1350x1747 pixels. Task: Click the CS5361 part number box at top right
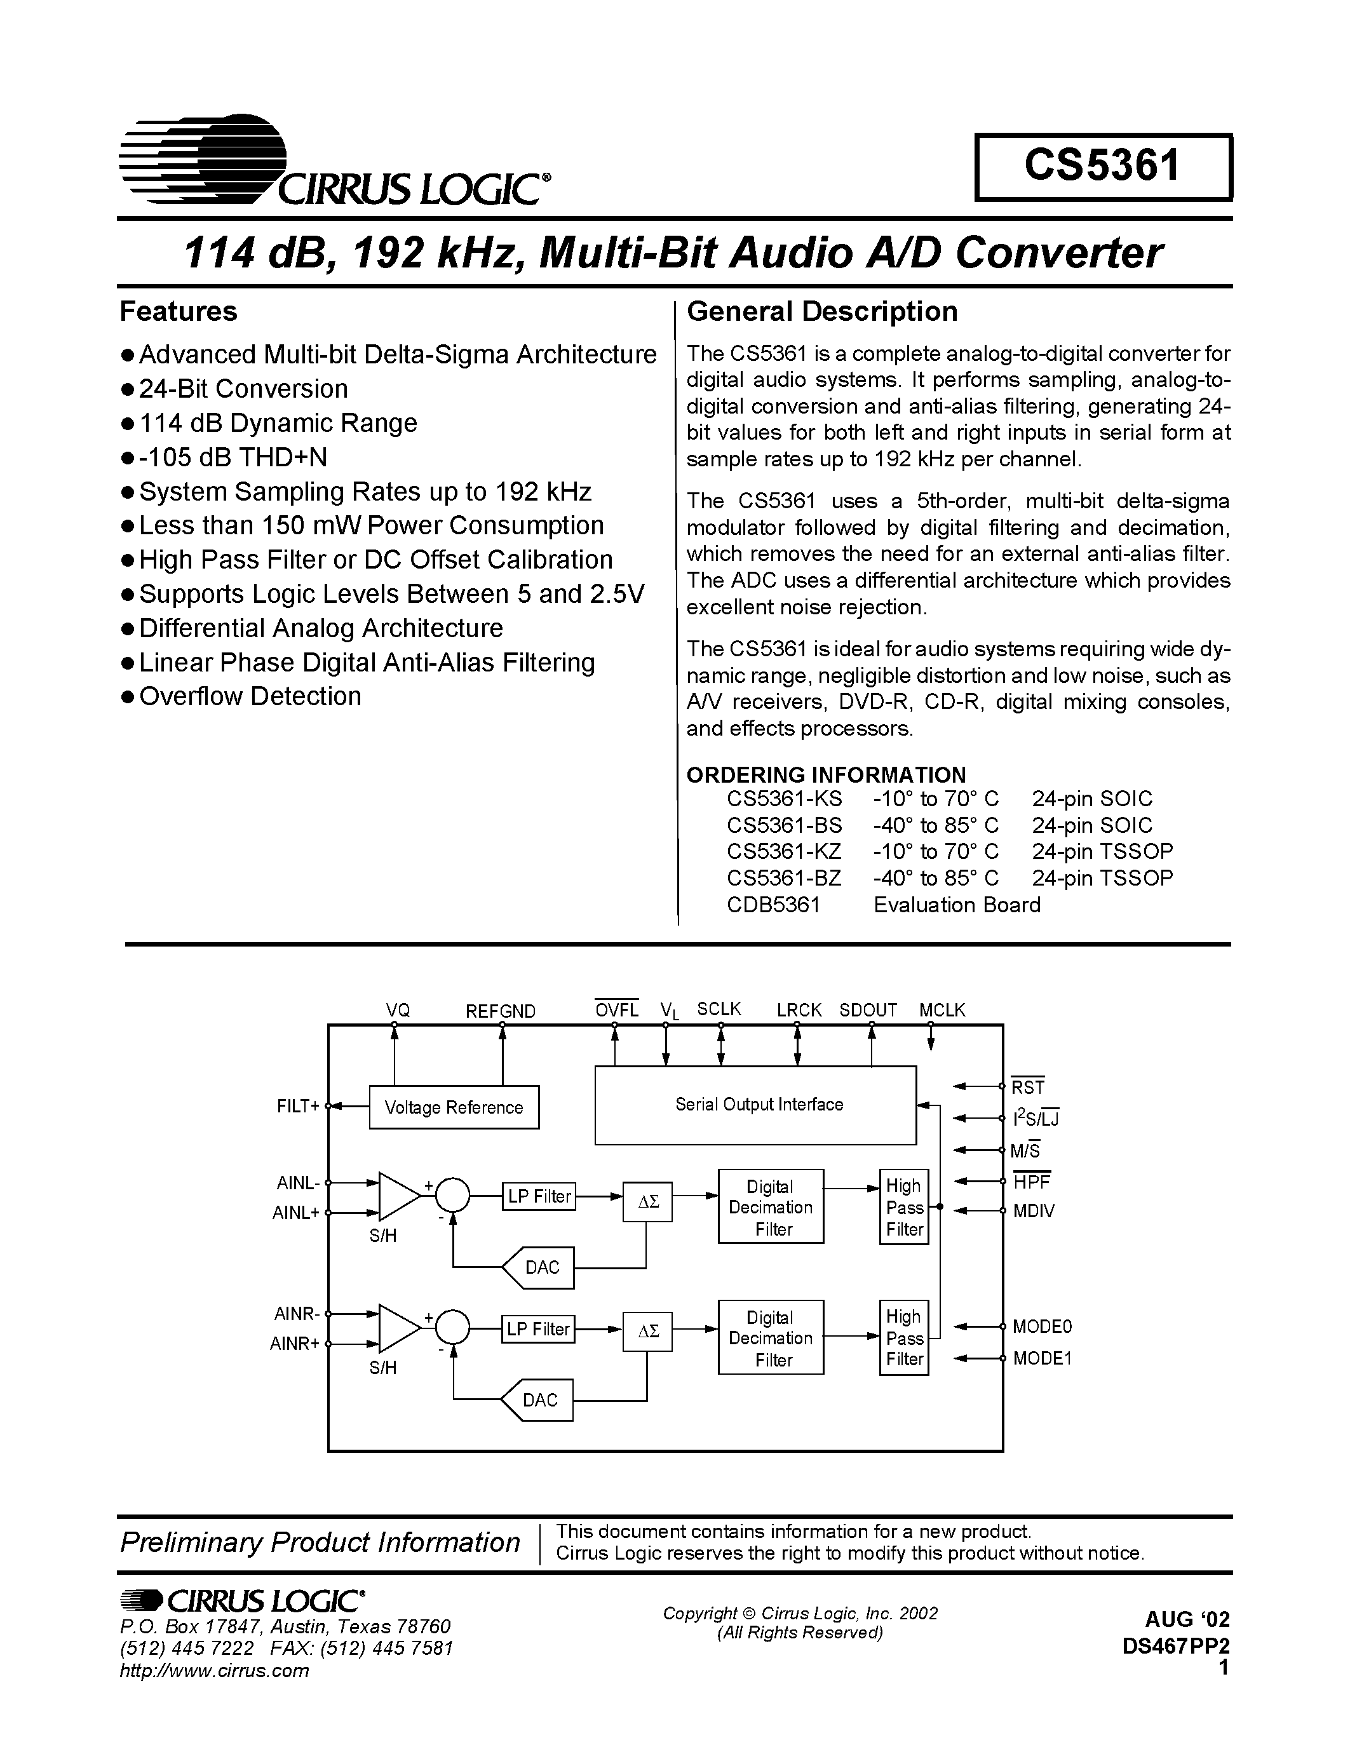[1103, 166]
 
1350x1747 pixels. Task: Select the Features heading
[179, 311]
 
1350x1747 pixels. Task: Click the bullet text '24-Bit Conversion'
[243, 389]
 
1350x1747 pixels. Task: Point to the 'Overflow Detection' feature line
[250, 697]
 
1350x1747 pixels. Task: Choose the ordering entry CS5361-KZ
[784, 851]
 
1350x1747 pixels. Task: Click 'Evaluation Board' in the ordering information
[957, 905]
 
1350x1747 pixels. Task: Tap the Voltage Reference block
[454, 1107]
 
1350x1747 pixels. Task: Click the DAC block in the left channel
[541, 1267]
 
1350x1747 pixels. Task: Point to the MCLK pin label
[942, 1010]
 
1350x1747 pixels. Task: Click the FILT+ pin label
[297, 1106]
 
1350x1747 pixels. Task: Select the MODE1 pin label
[1041, 1358]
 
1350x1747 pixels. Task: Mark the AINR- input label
[297, 1314]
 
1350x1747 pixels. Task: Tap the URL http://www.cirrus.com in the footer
[214, 1670]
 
